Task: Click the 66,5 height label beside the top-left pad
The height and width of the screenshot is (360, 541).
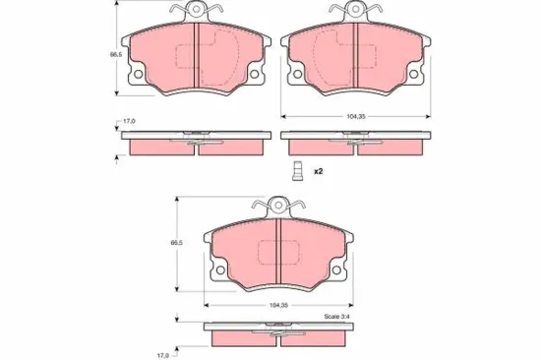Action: [101, 56]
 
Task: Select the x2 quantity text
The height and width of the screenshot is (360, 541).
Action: [319, 170]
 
